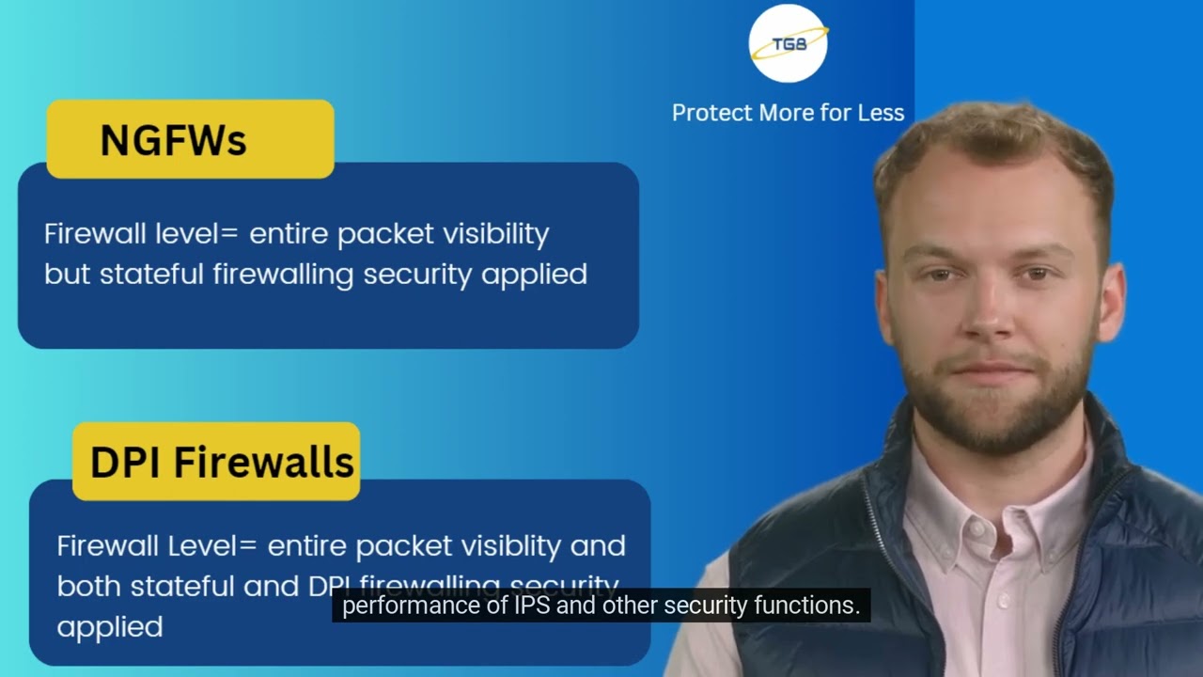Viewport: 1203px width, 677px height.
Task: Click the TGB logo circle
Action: tap(788, 43)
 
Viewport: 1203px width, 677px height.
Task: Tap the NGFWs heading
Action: tap(173, 140)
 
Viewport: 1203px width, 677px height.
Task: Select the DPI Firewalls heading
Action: tap(222, 462)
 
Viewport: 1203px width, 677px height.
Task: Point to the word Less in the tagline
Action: tap(881, 113)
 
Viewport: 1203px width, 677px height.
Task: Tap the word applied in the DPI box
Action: tap(110, 626)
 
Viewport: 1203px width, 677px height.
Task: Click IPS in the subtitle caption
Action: tap(531, 606)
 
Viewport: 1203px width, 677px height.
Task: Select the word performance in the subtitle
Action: tap(400, 606)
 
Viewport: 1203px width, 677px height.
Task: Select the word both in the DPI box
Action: tap(89, 586)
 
